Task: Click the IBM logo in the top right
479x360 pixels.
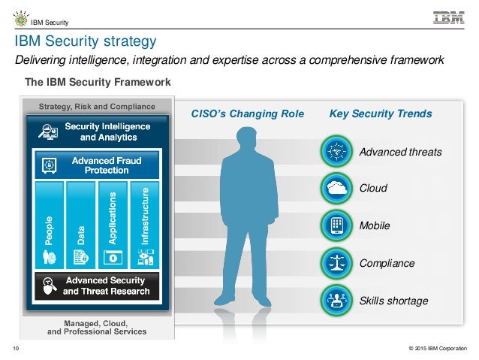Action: coord(448,17)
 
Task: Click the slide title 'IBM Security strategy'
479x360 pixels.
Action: coord(82,40)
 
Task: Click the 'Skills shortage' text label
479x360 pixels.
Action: coord(394,301)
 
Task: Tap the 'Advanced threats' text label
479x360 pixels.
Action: coord(400,153)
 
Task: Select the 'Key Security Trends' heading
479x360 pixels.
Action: coord(381,114)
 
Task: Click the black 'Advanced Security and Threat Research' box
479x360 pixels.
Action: coord(96,285)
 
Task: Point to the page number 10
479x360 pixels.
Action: coord(15,348)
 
